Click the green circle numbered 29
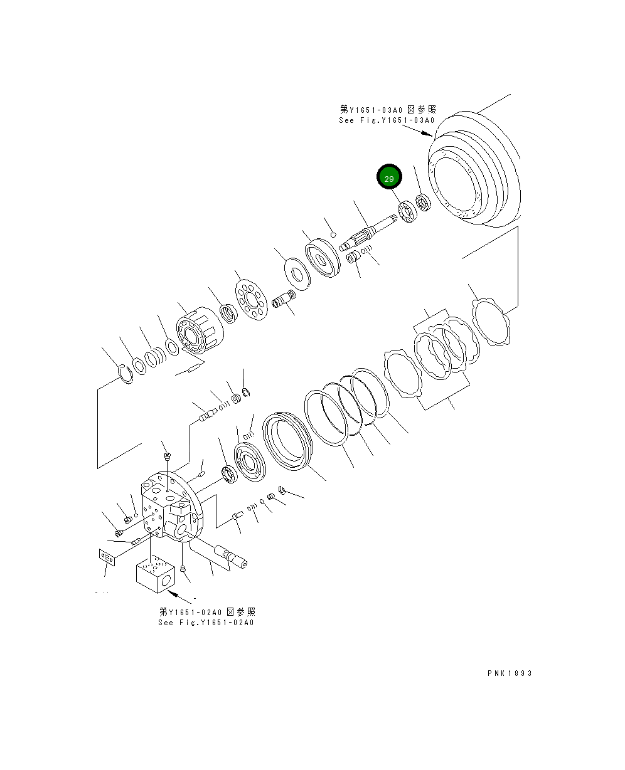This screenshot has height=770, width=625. point(389,178)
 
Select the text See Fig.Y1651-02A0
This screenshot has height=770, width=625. point(206,623)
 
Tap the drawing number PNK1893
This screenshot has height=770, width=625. point(510,673)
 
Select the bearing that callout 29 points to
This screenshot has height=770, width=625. point(407,211)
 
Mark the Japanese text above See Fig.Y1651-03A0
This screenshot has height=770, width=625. point(388,110)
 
